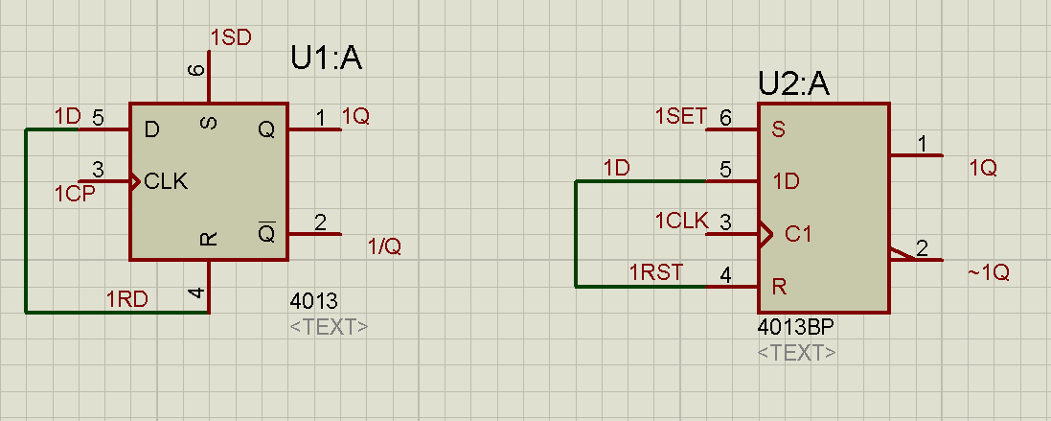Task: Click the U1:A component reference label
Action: click(326, 59)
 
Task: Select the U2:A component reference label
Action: click(793, 84)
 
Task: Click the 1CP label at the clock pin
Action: click(73, 194)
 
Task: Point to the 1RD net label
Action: click(126, 298)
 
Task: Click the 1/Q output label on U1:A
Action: click(384, 246)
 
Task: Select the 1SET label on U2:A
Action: click(680, 117)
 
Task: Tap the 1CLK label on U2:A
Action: click(680, 222)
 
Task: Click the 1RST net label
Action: click(656, 272)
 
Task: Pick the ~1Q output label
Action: click(988, 272)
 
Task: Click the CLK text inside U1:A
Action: click(166, 180)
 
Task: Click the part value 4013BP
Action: click(795, 327)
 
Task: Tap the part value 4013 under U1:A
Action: click(314, 301)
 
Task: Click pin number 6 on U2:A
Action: click(725, 118)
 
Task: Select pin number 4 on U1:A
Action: click(197, 293)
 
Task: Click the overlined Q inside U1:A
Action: click(266, 232)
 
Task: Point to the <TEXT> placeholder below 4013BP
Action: click(796, 353)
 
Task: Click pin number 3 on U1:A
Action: click(98, 170)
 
